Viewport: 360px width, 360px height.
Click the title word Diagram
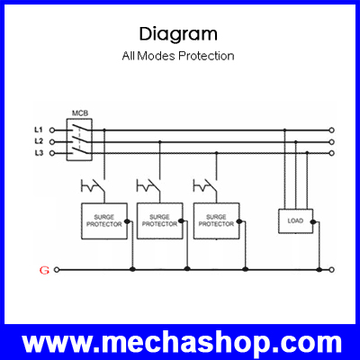tap(178, 35)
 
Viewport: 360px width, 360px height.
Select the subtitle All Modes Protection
tap(178, 56)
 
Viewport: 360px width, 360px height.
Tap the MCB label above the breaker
tap(80, 113)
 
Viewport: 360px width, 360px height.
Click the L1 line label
tap(39, 130)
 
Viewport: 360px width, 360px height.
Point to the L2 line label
tap(39, 141)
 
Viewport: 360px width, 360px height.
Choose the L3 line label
tap(39, 153)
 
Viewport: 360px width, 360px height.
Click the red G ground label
tap(44, 270)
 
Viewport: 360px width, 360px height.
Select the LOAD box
tap(295, 221)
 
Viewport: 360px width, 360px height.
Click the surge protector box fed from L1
tap(104, 221)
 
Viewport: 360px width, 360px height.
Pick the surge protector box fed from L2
tap(160, 221)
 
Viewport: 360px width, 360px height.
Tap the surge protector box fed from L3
tap(216, 221)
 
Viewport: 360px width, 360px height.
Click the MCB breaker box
tap(79, 140)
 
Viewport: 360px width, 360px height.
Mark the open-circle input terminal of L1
tap(52, 130)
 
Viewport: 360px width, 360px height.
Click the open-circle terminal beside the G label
tap(57, 270)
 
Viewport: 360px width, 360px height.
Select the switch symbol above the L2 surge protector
tap(148, 186)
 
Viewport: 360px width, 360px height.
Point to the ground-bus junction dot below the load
tap(319, 270)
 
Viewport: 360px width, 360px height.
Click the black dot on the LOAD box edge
tap(313, 222)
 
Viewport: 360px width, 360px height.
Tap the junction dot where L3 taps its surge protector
tap(216, 153)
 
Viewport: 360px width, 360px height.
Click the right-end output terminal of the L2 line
tap(331, 141)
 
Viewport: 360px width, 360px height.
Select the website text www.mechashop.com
tap(182, 343)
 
